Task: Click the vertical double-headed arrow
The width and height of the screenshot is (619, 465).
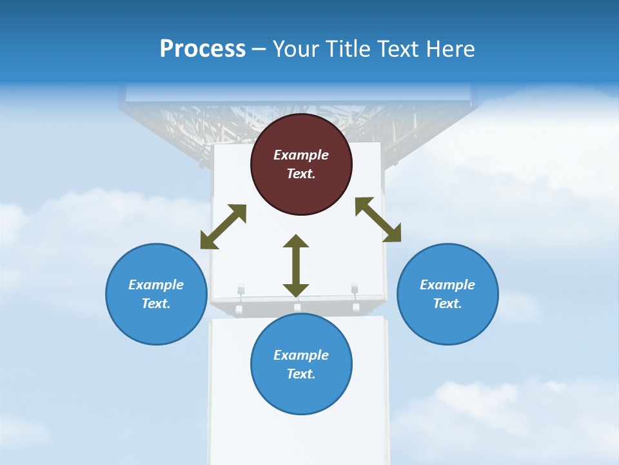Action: tap(296, 265)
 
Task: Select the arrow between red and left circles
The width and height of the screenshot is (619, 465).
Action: tap(223, 227)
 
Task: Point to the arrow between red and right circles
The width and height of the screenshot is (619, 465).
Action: tap(378, 220)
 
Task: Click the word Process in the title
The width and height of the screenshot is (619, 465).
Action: tap(202, 48)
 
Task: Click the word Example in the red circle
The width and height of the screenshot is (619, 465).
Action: tap(301, 155)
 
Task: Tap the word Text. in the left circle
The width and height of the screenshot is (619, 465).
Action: tap(156, 304)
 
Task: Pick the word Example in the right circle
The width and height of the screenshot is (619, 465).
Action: tap(447, 285)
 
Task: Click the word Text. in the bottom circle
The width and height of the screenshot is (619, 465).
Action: tap(301, 374)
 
